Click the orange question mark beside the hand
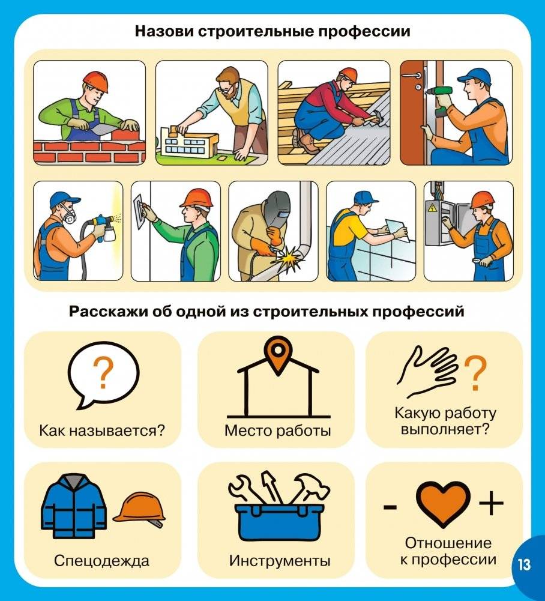point(474,373)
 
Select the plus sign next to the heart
point(491,503)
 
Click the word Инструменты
point(279,561)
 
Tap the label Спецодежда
point(101,561)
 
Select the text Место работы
point(277,430)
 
